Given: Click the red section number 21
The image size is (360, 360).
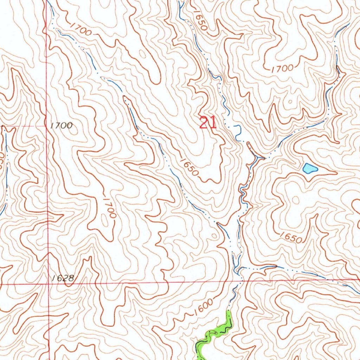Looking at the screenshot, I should pos(207,123).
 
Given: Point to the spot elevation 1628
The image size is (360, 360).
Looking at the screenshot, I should pos(62,278).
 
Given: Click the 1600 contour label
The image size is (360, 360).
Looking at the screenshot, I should pos(204,307).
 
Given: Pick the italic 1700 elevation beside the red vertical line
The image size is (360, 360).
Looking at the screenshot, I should pos(61,125).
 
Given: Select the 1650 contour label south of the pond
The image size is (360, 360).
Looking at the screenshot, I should pos(291,238).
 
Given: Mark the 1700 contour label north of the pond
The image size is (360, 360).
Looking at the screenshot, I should pos(283,68).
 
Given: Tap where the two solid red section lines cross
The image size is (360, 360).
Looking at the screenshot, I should pos(49,283).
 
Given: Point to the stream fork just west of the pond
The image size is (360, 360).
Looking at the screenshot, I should pos(260,158).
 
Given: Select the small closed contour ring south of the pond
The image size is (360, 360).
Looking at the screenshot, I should pos(295,200).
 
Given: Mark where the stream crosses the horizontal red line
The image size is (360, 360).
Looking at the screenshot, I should pos(242,281).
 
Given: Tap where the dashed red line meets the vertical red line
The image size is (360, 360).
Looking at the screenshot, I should pos(47,126).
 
